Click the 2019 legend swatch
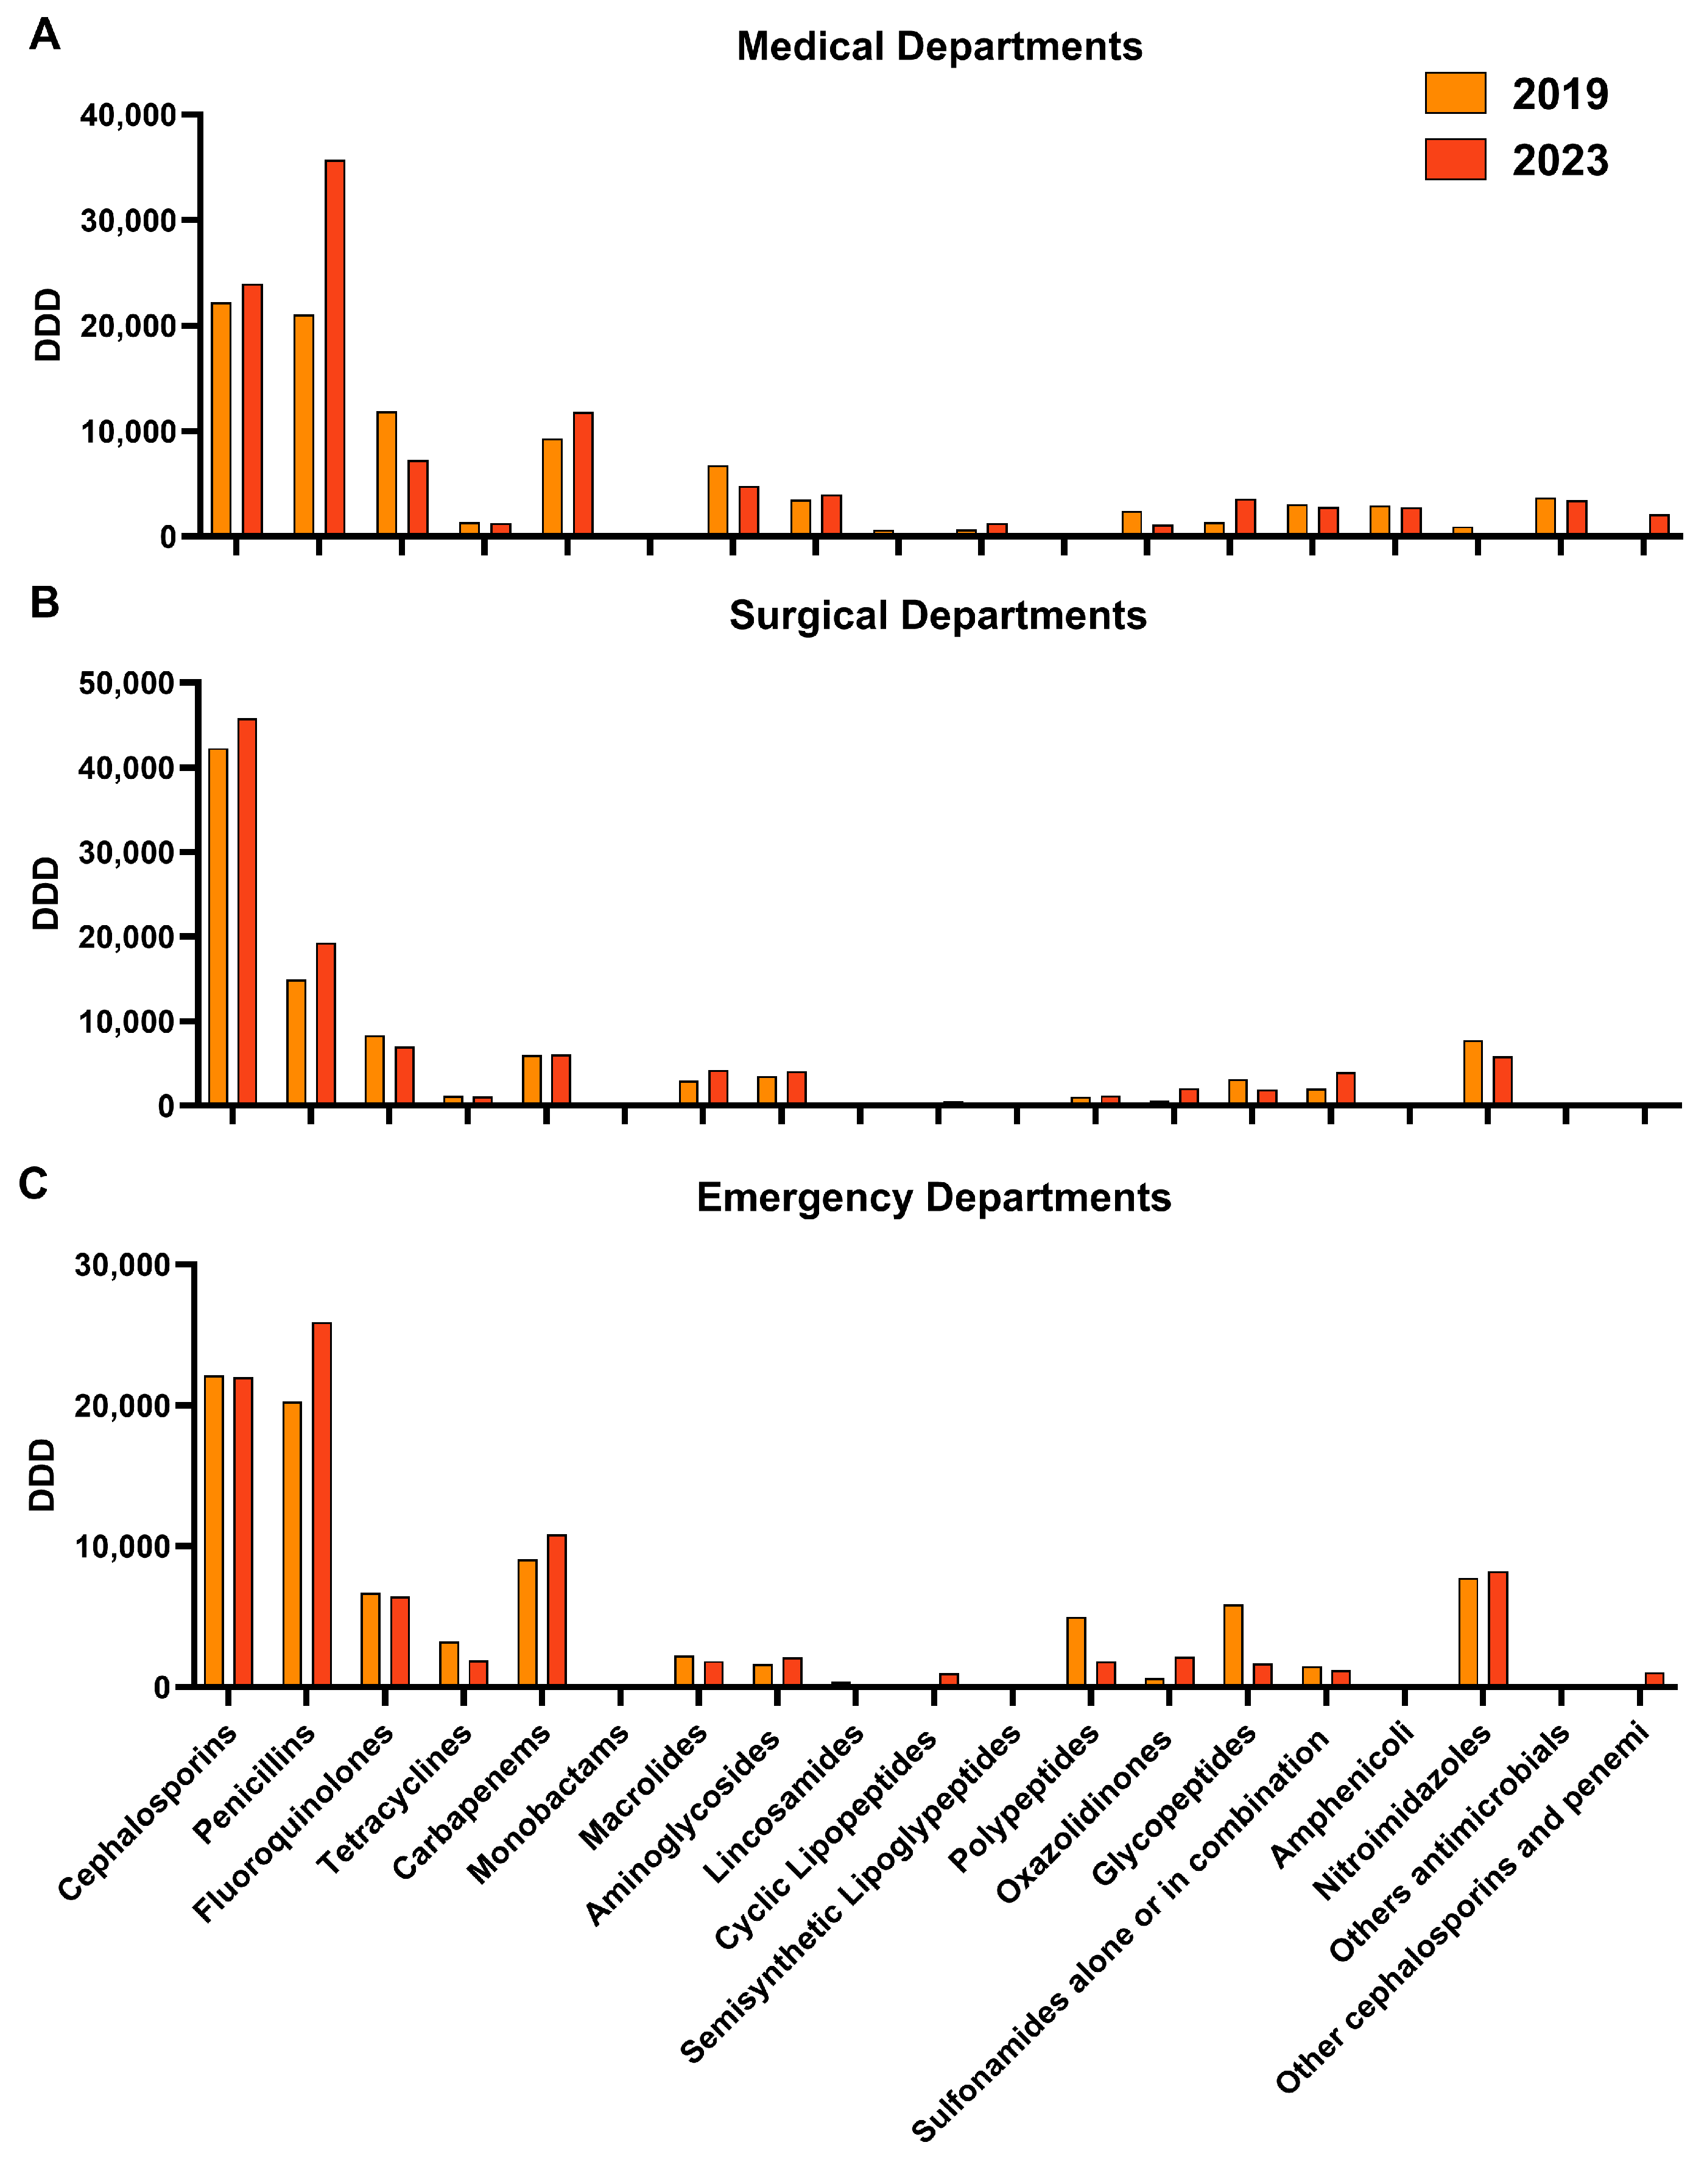[x=1455, y=93]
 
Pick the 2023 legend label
[x=1560, y=160]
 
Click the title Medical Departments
[x=940, y=47]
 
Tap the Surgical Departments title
[x=937, y=616]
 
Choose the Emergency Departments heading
[x=934, y=1197]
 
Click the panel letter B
[x=44, y=603]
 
